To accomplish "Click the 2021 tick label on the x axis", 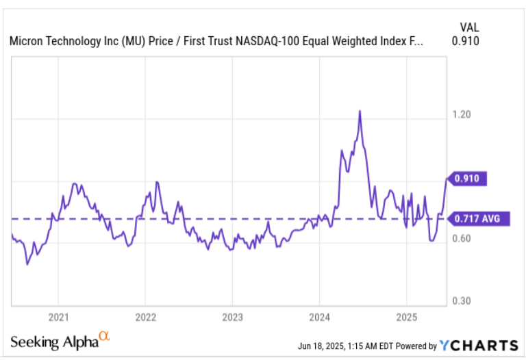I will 58,318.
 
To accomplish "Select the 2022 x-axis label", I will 145,318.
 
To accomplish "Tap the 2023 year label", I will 232,318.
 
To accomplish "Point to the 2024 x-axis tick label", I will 319,318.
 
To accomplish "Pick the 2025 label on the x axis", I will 406,318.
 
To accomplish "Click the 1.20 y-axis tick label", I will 461,114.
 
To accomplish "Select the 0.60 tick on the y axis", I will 461,239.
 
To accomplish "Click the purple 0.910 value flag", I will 469,179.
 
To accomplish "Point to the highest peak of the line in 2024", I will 359,111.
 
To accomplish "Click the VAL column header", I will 469,27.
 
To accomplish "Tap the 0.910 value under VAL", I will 466,41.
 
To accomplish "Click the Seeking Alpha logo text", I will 55,342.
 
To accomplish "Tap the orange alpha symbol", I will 104,336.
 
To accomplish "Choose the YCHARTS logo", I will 479,345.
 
